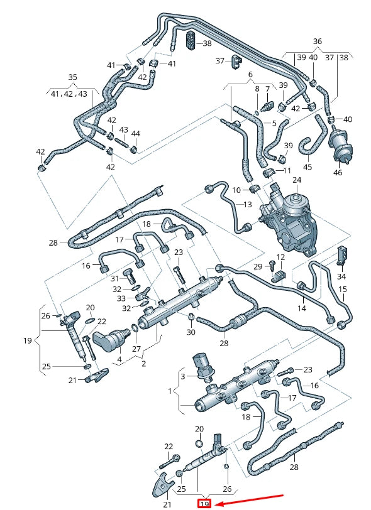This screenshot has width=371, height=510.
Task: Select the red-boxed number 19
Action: [204, 504]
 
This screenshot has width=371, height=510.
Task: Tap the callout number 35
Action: [72, 78]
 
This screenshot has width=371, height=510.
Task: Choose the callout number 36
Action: [318, 41]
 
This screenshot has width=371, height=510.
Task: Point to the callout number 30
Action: [191, 332]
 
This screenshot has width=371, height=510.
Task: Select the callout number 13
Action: [247, 205]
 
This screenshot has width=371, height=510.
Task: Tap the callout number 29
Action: [257, 267]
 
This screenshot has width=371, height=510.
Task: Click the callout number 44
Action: [135, 133]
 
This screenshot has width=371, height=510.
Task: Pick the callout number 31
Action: [114, 278]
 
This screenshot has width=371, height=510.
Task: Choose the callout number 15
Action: [343, 289]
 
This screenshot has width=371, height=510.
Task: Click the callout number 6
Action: [250, 74]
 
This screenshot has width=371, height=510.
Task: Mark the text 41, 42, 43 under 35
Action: [69, 93]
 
